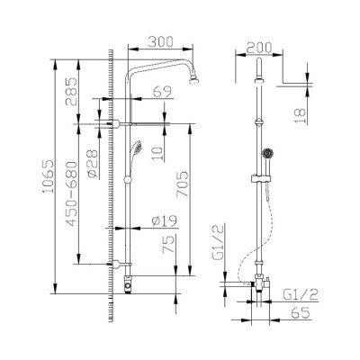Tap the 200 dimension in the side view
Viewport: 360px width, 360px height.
pos(260,48)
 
